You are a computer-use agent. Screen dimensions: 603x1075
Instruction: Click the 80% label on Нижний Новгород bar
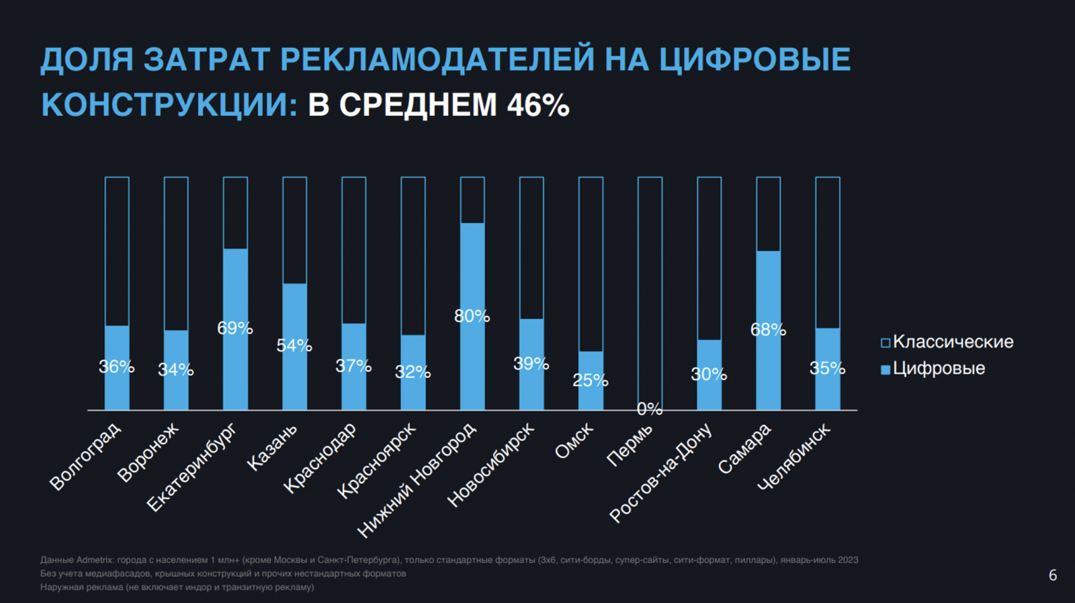472,316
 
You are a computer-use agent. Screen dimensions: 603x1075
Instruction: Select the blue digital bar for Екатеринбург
235,363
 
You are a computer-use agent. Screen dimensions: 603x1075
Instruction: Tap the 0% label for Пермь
649,409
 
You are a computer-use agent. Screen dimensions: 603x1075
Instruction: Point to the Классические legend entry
947,342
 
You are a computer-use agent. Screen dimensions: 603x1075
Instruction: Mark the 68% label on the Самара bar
768,330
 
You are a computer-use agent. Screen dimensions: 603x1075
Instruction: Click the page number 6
1053,575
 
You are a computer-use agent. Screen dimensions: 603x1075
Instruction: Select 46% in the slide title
538,106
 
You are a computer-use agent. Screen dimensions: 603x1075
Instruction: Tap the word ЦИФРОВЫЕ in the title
754,59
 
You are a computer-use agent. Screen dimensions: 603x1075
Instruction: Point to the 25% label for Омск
590,380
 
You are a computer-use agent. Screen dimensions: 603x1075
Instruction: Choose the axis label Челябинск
794,457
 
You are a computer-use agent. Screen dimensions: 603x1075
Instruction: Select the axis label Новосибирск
490,465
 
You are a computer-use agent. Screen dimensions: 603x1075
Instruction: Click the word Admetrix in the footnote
95,560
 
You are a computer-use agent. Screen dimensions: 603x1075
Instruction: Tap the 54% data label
294,346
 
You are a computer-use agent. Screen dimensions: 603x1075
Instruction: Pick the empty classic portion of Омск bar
591,262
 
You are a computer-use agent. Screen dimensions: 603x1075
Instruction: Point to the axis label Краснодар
320,458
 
